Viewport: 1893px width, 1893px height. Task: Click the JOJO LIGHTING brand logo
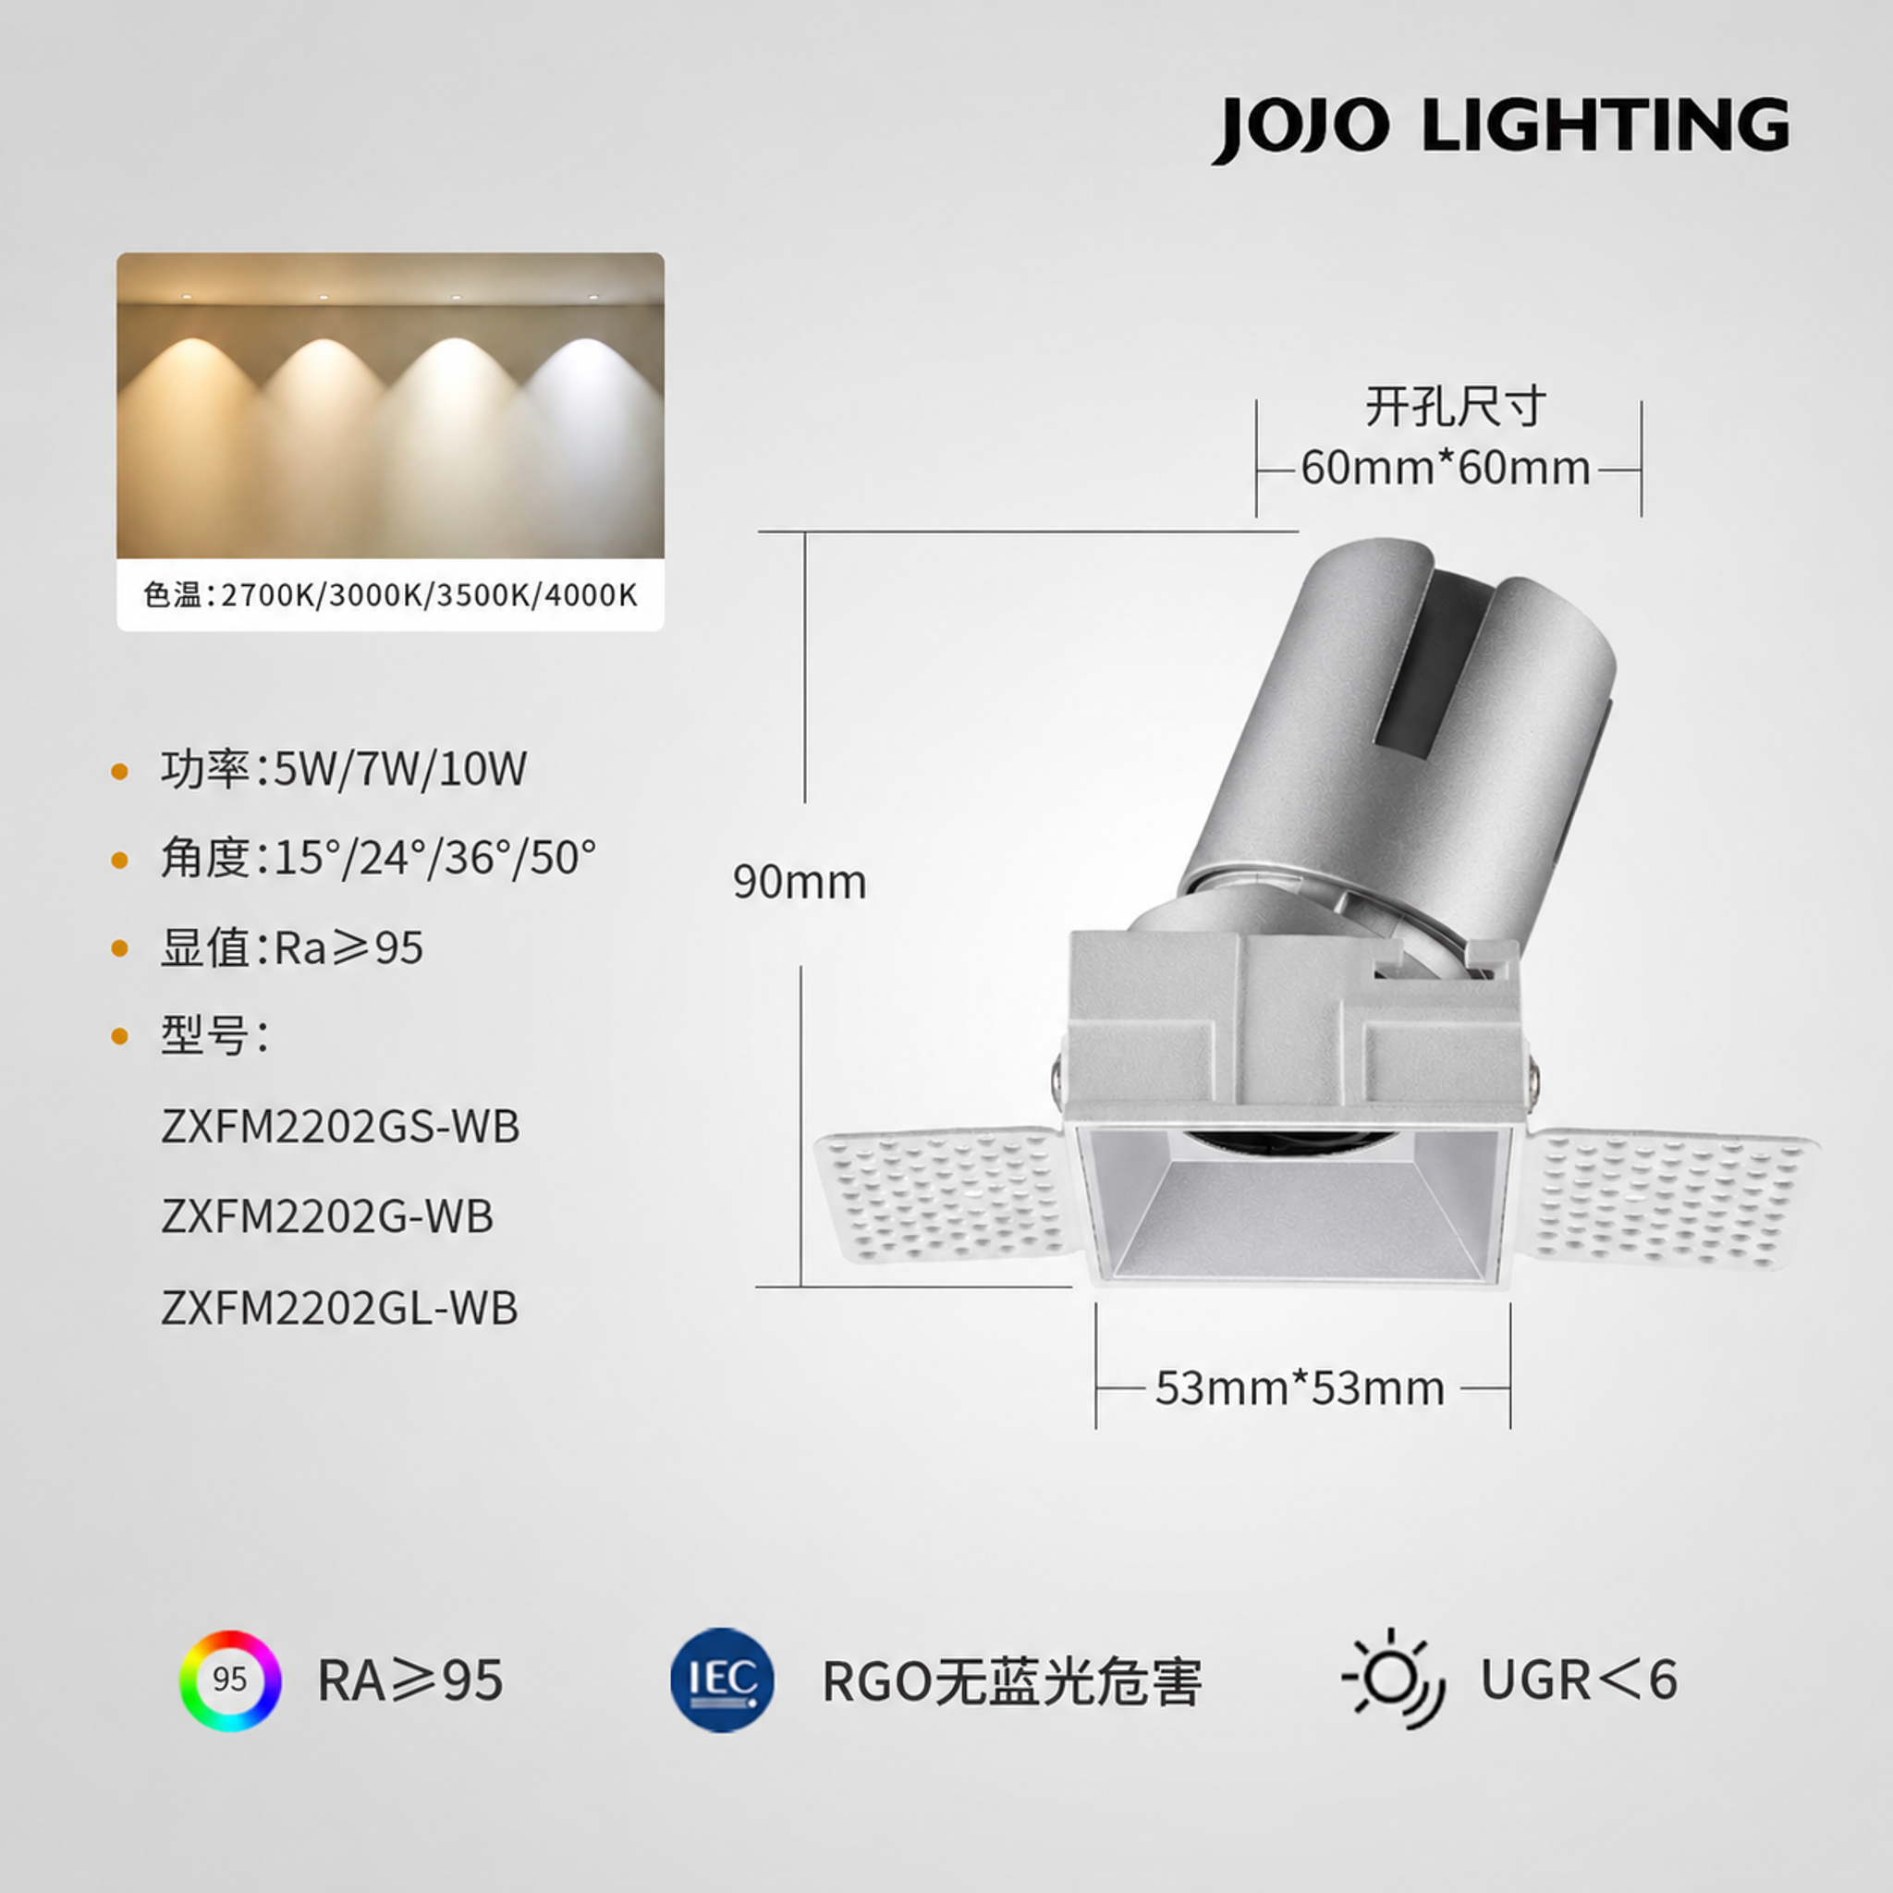click(x=1499, y=128)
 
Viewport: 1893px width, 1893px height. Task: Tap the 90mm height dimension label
click(x=800, y=882)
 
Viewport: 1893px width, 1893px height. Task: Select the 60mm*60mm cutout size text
click(x=1446, y=468)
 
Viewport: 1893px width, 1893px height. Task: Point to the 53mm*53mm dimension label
click(x=1301, y=1388)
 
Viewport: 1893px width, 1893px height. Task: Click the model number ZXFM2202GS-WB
click(x=340, y=1127)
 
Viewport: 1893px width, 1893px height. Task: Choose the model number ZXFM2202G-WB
click(x=327, y=1217)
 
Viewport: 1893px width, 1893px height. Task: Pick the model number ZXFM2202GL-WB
click(x=339, y=1307)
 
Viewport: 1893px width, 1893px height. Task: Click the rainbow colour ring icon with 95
click(x=230, y=1680)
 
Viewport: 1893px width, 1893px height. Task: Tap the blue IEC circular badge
click(x=722, y=1680)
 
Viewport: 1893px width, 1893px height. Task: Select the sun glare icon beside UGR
click(x=1392, y=1679)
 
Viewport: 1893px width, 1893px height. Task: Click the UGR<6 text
click(x=1579, y=1680)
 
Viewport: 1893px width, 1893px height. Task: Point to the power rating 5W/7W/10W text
click(x=344, y=768)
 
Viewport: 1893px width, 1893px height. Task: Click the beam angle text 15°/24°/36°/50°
click(x=378, y=858)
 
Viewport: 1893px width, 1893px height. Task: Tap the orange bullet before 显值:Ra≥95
click(x=120, y=947)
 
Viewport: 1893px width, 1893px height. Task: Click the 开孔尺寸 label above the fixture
click(x=1455, y=407)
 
